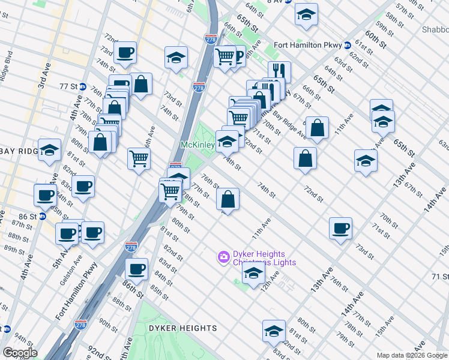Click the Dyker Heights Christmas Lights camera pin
click(x=223, y=257)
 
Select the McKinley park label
click(x=197, y=145)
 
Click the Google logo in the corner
click(x=19, y=353)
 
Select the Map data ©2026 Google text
click(x=411, y=355)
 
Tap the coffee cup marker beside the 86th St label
click(x=137, y=269)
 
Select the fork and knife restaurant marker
click(x=279, y=71)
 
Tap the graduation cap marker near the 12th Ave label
click(x=253, y=273)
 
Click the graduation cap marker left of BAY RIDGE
click(x=50, y=150)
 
